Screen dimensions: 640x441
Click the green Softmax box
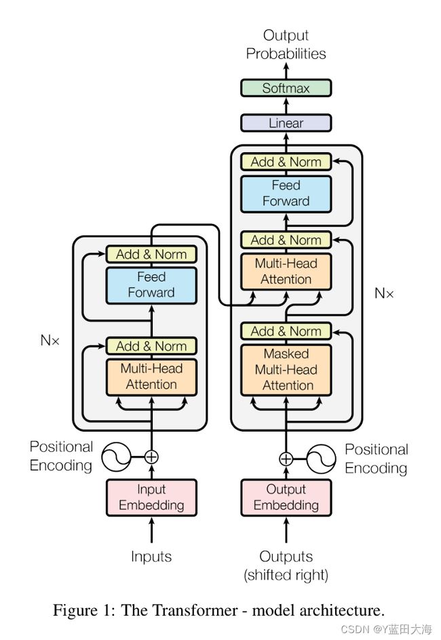click(286, 88)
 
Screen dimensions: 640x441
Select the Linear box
click(286, 124)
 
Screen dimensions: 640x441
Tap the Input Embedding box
click(151, 497)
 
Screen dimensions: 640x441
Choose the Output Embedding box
click(286, 497)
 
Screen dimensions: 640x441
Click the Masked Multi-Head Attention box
click(286, 370)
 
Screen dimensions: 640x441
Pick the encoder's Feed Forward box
click(151, 285)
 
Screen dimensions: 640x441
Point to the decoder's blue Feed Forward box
click(286, 193)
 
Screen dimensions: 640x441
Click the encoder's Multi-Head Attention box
click(151, 377)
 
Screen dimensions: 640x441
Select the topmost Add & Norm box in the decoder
click(286, 162)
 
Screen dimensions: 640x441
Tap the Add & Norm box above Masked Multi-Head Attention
click(286, 331)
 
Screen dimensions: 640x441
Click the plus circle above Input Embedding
click(151, 457)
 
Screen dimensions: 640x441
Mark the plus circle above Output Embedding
click(286, 459)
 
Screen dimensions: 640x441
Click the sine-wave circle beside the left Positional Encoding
click(117, 457)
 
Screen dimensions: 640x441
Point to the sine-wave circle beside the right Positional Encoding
click(320, 459)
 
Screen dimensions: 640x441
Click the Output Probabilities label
click(286, 44)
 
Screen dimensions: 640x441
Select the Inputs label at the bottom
click(151, 557)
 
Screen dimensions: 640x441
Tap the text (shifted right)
click(286, 576)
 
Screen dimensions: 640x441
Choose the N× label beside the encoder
click(50, 341)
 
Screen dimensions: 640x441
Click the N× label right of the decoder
click(384, 293)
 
